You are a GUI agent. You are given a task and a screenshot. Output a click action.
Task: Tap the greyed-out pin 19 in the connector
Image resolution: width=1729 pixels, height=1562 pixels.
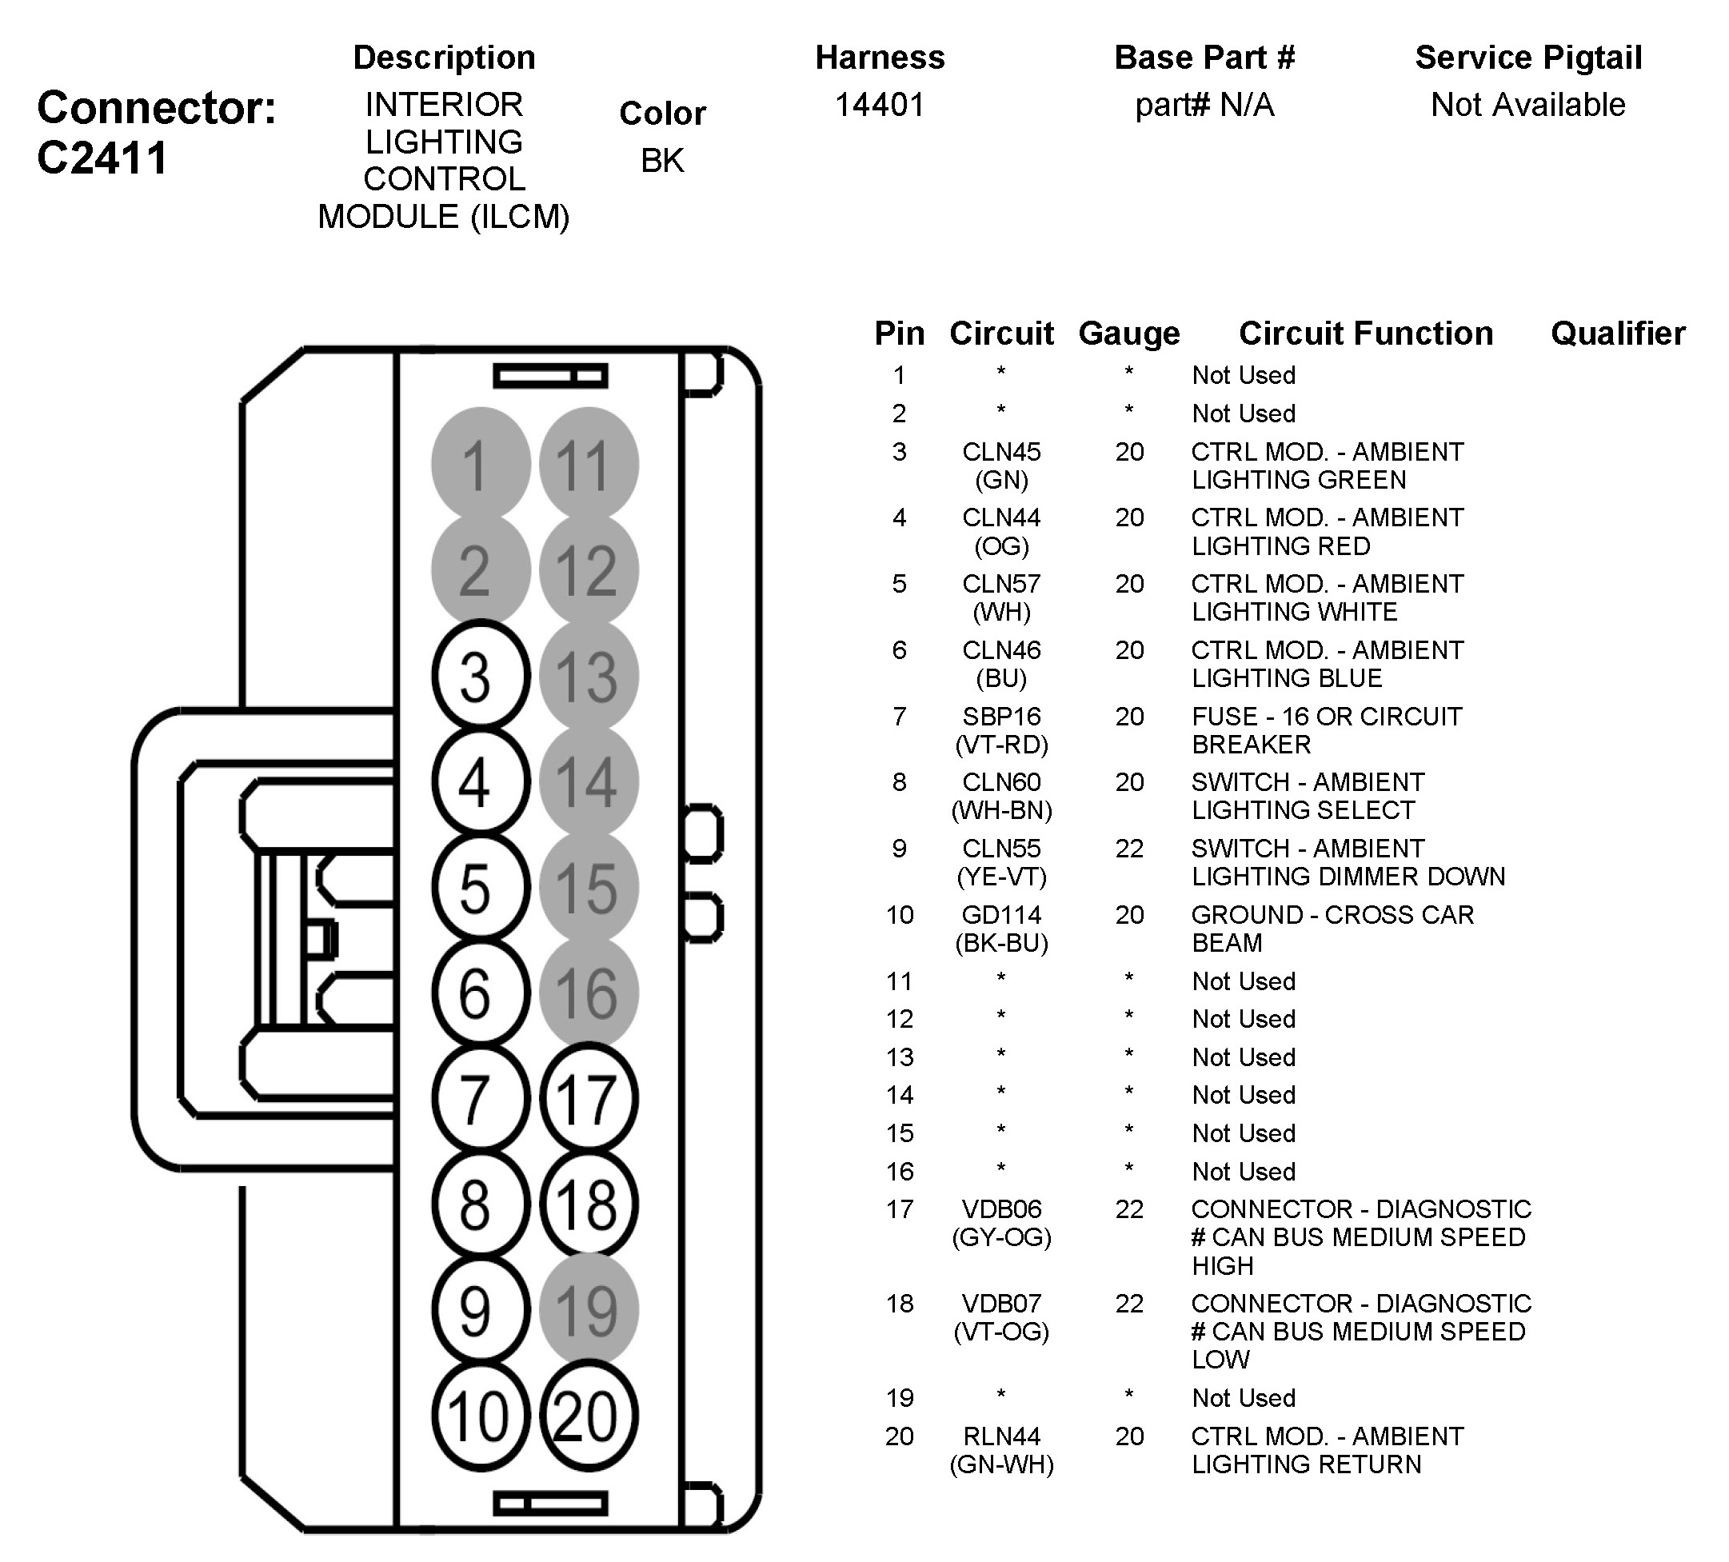[x=589, y=1310]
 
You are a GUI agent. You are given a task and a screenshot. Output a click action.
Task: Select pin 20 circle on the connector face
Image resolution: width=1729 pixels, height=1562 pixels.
[x=589, y=1416]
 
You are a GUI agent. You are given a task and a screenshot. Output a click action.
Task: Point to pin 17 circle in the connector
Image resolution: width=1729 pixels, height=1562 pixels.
[x=589, y=1099]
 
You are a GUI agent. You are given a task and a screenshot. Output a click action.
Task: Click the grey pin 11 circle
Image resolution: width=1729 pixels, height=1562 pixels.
[x=589, y=464]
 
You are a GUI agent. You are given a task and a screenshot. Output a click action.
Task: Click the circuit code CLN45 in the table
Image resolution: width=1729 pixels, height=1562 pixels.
[x=1001, y=452]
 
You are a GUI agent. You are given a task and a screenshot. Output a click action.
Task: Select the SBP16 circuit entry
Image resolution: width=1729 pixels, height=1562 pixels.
[x=1001, y=717]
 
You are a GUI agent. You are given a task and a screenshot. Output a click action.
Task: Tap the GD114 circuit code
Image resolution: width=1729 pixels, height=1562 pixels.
[x=1001, y=915]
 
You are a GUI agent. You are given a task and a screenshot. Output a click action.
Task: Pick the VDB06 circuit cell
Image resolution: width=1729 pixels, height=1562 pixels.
[x=1001, y=1209]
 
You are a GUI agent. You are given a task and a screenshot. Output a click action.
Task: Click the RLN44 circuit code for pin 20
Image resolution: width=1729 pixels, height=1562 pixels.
[x=1001, y=1436]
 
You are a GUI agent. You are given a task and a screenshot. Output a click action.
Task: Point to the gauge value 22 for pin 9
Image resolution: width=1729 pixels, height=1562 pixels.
[x=1129, y=849]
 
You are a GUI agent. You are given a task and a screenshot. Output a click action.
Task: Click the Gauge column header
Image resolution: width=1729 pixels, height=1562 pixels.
[x=1128, y=334]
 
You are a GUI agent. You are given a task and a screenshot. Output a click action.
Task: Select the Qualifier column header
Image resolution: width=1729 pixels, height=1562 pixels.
[x=1618, y=334]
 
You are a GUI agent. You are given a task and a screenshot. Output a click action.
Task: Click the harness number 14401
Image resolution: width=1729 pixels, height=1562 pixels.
[x=880, y=105]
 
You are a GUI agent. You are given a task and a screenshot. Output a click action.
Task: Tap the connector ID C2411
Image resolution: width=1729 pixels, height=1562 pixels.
[x=102, y=158]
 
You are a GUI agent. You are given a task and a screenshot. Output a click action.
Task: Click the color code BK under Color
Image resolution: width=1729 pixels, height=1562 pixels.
[x=662, y=161]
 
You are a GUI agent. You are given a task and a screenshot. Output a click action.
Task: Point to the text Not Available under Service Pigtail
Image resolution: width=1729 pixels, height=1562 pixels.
[x=1528, y=105]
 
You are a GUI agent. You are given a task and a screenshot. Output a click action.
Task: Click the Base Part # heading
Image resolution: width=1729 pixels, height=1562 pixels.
[x=1204, y=58]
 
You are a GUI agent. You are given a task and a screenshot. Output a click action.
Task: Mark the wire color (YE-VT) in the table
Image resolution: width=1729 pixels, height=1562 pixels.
[x=1001, y=877]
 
